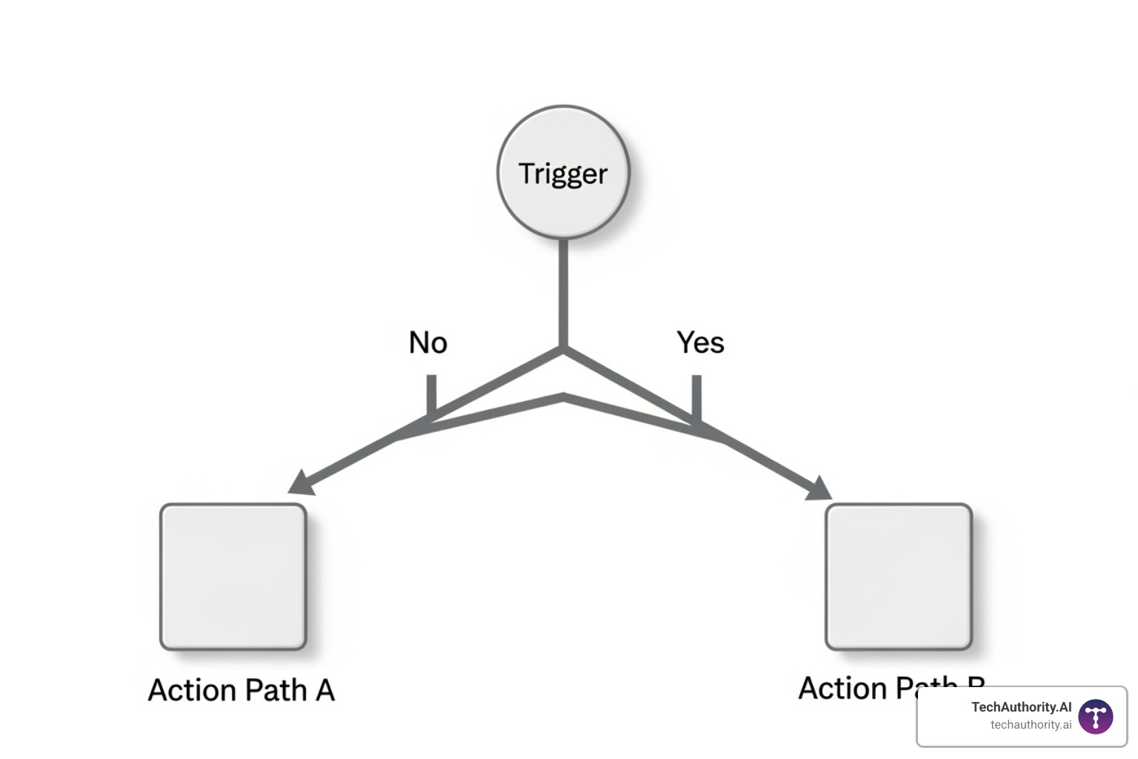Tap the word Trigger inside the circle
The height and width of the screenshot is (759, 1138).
point(563,174)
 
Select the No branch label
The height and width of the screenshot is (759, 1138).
point(428,342)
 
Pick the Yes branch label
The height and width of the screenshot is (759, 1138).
point(700,342)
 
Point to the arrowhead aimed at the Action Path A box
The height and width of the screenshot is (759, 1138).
point(301,483)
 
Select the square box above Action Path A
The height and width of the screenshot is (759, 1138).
point(233,577)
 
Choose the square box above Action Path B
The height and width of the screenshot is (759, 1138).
point(899,577)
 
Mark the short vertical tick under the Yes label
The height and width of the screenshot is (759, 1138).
point(696,397)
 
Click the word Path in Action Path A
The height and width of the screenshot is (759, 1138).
point(276,690)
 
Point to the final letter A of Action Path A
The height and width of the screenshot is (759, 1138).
point(325,690)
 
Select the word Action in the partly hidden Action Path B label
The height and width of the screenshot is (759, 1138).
point(842,688)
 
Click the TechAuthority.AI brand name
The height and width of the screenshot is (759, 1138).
point(1021,707)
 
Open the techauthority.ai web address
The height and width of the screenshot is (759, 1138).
point(1031,725)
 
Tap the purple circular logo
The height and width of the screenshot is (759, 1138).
point(1096,717)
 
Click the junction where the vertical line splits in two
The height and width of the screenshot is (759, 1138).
point(563,348)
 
